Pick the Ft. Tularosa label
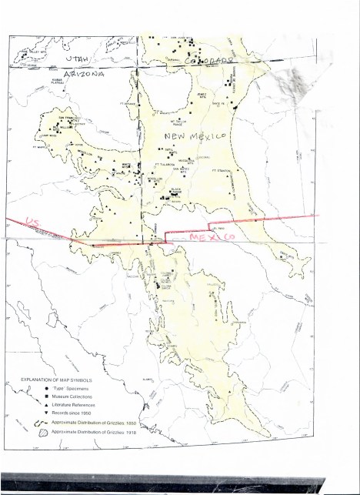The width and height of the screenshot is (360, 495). [x=165, y=163]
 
